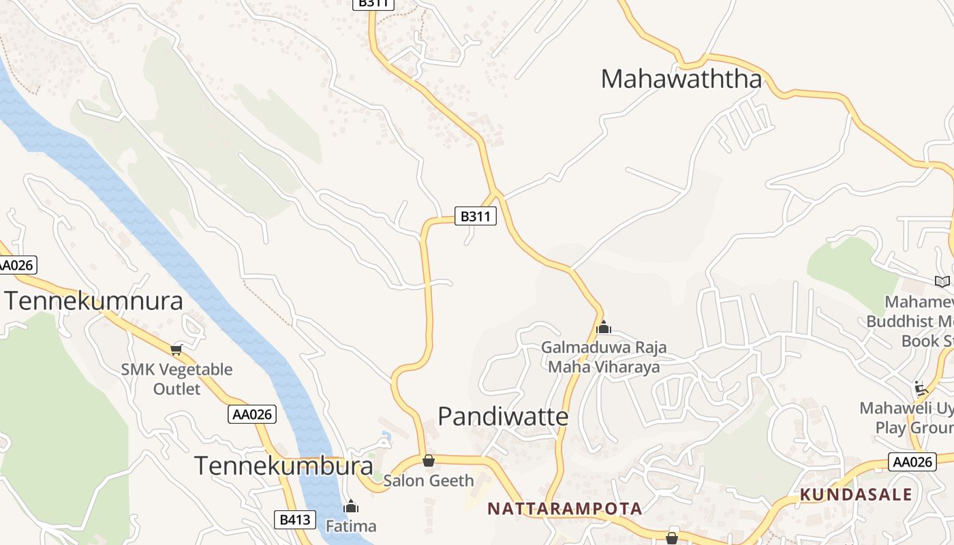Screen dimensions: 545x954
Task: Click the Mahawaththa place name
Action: point(681,79)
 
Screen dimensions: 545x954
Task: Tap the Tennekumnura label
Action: point(94,300)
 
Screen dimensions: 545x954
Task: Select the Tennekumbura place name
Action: point(283,466)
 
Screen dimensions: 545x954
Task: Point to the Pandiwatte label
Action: point(503,416)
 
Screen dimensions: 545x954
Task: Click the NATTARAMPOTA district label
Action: point(565,508)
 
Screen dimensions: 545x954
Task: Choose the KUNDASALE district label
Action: point(855,495)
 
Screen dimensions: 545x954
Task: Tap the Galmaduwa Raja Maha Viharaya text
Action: point(604,357)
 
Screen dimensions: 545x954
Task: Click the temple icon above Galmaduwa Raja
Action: point(603,328)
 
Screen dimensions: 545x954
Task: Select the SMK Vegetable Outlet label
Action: point(176,379)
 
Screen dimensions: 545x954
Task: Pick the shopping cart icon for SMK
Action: point(176,349)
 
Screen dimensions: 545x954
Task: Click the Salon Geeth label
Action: point(428,480)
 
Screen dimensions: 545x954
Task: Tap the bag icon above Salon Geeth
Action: point(428,461)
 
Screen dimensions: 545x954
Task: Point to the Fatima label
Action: point(351,526)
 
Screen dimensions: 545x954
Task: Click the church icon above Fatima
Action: point(351,507)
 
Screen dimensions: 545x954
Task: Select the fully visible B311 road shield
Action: point(476,217)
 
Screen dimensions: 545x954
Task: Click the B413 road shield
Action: point(296,520)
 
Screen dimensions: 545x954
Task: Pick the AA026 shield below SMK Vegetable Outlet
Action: point(252,414)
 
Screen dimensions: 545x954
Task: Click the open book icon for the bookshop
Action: point(942,281)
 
